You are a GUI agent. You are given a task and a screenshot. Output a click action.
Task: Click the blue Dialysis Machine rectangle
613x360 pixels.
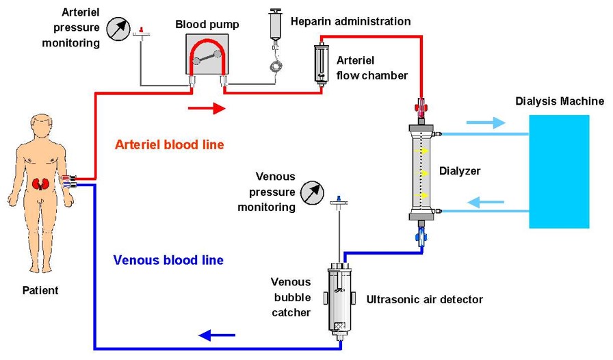[x=558, y=171]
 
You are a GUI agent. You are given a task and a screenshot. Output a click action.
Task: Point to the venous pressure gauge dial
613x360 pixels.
[x=313, y=192]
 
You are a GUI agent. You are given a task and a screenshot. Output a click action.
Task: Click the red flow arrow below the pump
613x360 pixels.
[x=205, y=108]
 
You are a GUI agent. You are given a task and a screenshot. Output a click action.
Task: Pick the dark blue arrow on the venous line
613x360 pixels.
[x=217, y=335]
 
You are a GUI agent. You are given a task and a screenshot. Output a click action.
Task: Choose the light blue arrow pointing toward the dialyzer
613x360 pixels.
[x=485, y=203]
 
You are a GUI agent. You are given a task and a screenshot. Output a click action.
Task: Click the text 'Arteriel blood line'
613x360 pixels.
[x=169, y=145]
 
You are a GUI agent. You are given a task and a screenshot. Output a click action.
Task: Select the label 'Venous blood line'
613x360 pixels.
[x=168, y=261]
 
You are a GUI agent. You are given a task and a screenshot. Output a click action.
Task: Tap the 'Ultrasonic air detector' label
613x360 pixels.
[x=425, y=300]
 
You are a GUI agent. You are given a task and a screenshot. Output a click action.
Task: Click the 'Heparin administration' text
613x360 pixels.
[x=350, y=21]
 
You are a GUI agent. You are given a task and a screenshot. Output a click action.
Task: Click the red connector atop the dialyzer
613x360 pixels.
[x=422, y=109]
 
